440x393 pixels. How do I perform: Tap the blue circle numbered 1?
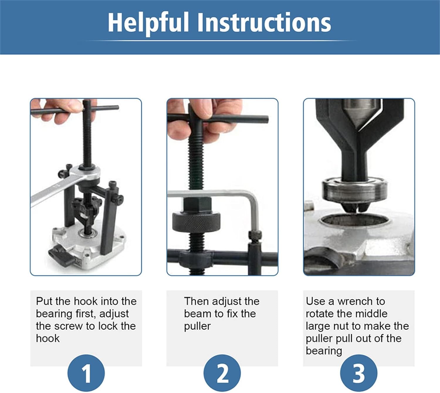click(86, 373)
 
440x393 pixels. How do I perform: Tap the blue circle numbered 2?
click(222, 373)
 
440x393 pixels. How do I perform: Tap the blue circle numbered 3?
click(358, 373)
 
